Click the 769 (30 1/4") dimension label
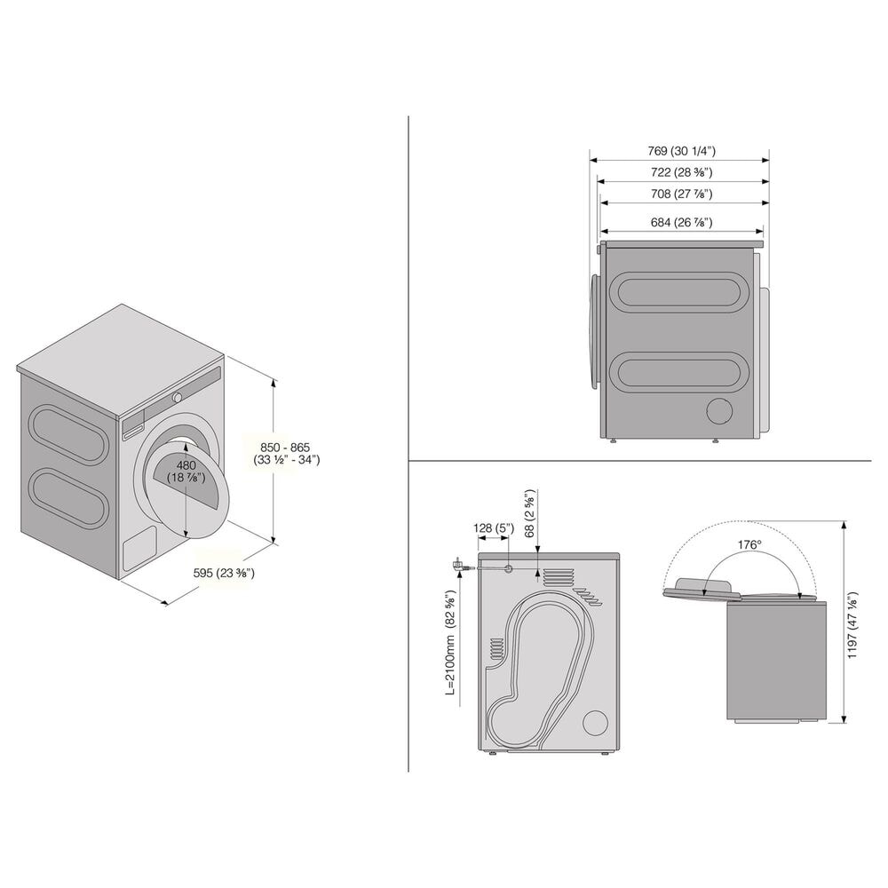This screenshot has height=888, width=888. pos(681,150)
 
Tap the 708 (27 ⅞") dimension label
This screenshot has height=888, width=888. pos(681,194)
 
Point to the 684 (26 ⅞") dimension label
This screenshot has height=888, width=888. pos(681,222)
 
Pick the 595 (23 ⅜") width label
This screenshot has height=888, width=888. pos(224,574)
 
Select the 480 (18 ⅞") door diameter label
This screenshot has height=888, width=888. pos(186,472)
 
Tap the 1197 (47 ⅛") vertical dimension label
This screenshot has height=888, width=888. pos(852,625)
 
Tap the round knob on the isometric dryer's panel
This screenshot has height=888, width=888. pos(178,397)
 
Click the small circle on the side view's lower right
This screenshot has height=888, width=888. pos(719,410)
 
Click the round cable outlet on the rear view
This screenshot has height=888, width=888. pos(508,568)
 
